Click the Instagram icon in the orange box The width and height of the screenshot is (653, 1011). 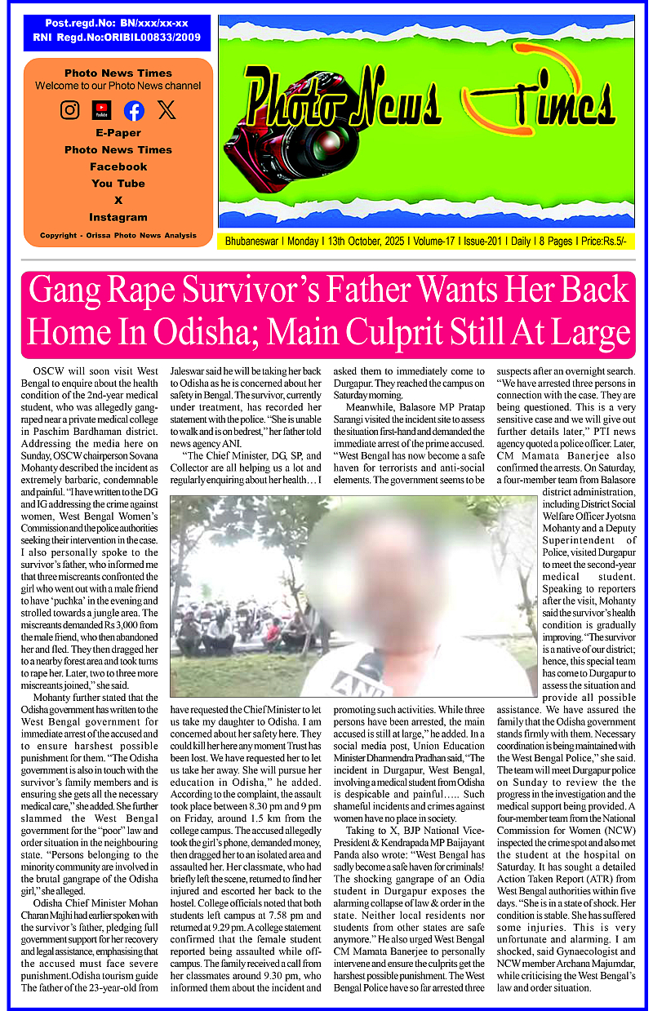(x=70, y=109)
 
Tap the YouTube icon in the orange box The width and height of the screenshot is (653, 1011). (x=101, y=109)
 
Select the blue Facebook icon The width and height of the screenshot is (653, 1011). (x=134, y=110)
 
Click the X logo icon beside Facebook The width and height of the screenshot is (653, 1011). (x=167, y=109)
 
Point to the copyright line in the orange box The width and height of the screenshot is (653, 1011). (x=118, y=236)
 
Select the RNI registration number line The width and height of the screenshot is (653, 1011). (x=116, y=38)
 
